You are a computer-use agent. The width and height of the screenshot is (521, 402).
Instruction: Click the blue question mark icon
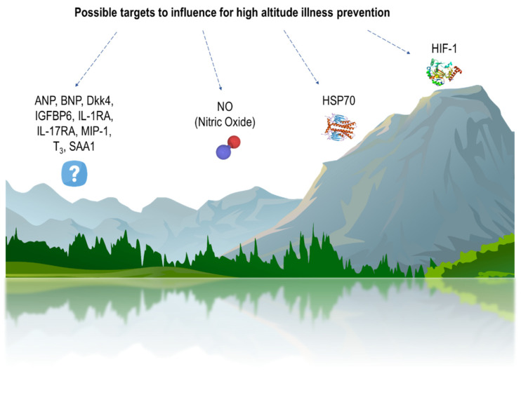tap(74, 173)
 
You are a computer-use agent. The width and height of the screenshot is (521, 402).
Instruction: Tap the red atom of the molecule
tap(234, 142)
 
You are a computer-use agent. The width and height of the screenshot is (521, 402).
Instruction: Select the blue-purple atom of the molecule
tap(223, 152)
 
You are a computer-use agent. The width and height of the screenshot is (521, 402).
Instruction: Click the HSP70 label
tap(338, 100)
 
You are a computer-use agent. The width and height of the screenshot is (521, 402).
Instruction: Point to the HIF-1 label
tap(444, 49)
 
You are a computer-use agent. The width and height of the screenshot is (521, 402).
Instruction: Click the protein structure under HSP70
tap(338, 126)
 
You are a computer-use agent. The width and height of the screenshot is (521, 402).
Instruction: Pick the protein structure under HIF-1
tap(444, 72)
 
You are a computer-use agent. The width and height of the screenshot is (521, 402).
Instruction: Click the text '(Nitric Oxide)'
tap(225, 122)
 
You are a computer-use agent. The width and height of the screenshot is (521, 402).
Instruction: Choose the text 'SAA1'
tap(82, 147)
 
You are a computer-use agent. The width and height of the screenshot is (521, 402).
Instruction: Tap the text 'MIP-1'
tap(96, 131)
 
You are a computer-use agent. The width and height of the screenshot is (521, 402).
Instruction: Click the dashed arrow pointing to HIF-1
tap(389, 42)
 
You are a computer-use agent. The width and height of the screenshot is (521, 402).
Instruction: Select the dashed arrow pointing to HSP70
tap(301, 57)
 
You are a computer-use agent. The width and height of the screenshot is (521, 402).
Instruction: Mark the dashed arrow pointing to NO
tap(212, 60)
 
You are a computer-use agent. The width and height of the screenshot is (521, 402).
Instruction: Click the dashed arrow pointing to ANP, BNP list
tap(96, 59)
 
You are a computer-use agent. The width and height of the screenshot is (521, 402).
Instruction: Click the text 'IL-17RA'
tap(56, 131)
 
